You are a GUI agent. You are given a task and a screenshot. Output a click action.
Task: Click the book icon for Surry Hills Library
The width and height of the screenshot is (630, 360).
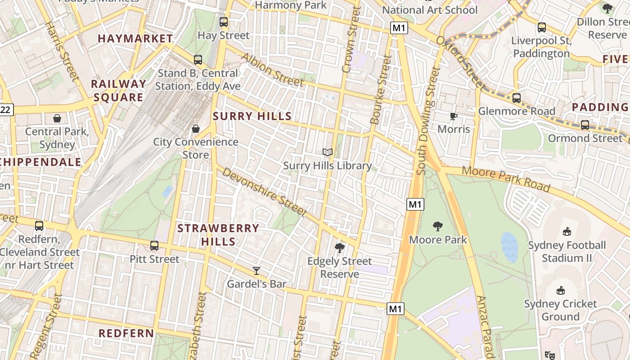click(328, 153)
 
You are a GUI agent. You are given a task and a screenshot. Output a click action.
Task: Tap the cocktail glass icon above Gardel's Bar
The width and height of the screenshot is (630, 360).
click(256, 270)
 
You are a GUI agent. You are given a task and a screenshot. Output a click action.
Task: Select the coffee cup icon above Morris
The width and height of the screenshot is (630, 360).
click(454, 116)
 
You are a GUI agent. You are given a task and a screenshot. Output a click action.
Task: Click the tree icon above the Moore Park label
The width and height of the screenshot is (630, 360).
click(437, 226)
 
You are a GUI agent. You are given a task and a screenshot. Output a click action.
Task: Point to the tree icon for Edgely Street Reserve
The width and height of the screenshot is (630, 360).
click(340, 247)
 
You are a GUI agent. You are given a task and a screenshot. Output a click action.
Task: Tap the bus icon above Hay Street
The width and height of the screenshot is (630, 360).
click(224, 22)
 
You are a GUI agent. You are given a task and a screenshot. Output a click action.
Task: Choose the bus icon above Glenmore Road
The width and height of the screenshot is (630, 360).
click(517, 98)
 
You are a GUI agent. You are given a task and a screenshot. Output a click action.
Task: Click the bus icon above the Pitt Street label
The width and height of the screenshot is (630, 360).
click(154, 245)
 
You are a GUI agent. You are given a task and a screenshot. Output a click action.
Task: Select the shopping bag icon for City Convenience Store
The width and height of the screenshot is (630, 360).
click(196, 129)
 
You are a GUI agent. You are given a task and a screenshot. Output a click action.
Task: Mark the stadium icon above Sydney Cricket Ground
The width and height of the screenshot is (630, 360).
click(561, 290)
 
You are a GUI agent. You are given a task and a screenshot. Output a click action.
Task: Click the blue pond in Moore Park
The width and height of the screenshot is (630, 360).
click(509, 247)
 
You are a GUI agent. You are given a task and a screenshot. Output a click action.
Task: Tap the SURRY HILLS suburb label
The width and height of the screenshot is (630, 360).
click(252, 116)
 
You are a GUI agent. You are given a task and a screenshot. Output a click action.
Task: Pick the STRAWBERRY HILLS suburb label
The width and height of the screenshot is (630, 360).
click(218, 234)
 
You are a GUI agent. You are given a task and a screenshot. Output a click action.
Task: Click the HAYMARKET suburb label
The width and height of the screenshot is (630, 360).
click(135, 39)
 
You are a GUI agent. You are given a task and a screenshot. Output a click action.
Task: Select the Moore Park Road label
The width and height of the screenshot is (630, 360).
click(506, 179)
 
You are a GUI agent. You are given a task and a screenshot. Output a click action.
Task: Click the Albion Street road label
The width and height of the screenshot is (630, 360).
click(272, 70)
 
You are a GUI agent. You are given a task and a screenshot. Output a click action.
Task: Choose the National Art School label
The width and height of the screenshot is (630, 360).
click(430, 9)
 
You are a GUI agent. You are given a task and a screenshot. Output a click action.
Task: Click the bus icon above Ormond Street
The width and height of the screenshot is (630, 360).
click(585, 125)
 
